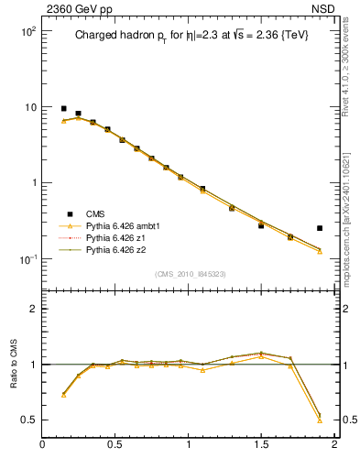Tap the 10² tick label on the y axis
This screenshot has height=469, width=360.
coord(27,31)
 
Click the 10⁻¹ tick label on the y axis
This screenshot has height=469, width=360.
coord(27,259)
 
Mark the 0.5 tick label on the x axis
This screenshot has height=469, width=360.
coord(115,445)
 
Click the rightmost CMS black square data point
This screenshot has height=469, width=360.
coord(320,228)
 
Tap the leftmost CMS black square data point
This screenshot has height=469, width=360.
coord(63,108)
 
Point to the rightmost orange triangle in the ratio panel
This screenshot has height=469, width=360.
coord(320,420)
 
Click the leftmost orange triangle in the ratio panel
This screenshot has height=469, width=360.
coord(63,396)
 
